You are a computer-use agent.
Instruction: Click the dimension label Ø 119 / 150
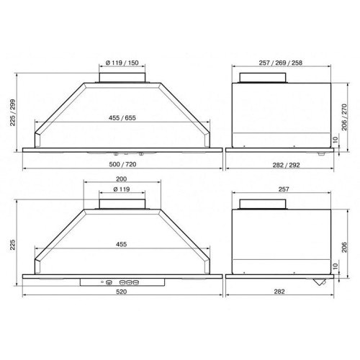click(x=122, y=63)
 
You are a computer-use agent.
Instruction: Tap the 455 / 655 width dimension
click(x=122, y=118)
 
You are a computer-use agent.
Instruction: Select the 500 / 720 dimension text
click(x=122, y=164)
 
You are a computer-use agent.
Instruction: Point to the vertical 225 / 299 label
click(x=12, y=112)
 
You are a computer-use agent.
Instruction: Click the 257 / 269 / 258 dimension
click(x=281, y=63)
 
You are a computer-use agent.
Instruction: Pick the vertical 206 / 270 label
click(x=344, y=117)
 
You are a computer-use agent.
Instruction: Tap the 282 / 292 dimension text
click(x=286, y=165)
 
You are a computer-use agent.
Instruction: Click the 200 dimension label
click(x=122, y=179)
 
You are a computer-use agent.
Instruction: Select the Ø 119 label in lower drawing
click(x=122, y=189)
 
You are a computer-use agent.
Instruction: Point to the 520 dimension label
click(x=122, y=292)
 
